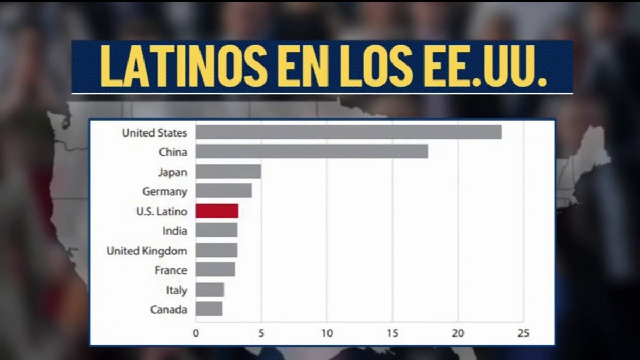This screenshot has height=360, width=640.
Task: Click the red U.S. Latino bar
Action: (x=217, y=211)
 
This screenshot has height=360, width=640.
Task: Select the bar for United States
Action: (x=348, y=132)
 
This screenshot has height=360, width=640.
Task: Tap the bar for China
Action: (x=311, y=152)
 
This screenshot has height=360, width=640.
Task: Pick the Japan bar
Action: (x=228, y=172)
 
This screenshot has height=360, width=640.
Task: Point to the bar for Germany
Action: (x=223, y=191)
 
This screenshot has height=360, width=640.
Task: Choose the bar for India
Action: (x=216, y=230)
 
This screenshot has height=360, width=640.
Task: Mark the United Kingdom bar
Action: (x=216, y=250)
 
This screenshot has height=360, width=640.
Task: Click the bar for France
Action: (x=215, y=270)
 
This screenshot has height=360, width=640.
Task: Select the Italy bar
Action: (x=210, y=290)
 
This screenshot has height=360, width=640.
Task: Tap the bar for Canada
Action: (x=209, y=309)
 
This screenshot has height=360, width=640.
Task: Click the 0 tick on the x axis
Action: (x=196, y=333)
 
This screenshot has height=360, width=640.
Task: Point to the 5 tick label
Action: (x=261, y=333)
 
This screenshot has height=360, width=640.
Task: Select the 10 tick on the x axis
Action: (x=327, y=333)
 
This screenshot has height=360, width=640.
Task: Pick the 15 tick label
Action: (x=393, y=333)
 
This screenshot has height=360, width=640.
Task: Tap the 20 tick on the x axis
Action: (x=458, y=333)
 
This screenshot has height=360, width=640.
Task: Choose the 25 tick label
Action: (x=523, y=333)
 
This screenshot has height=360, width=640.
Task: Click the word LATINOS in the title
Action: (x=184, y=67)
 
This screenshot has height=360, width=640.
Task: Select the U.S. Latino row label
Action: (x=161, y=211)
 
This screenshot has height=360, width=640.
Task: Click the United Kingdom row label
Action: (x=147, y=251)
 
